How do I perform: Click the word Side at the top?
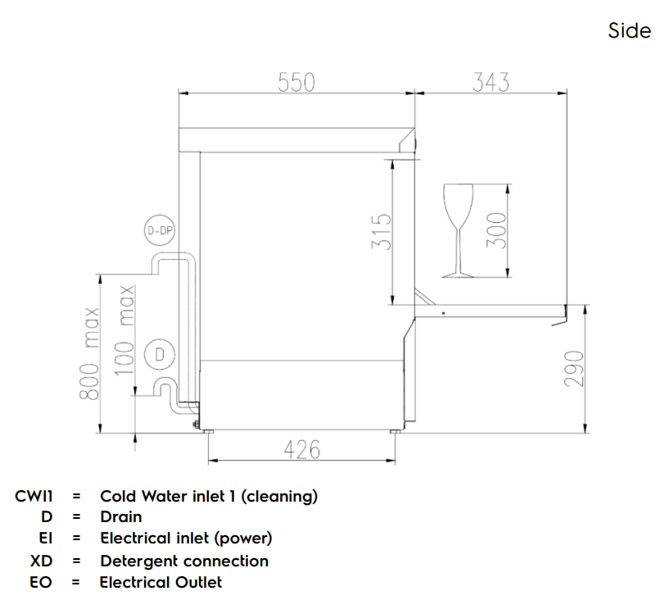pyautogui.click(x=629, y=31)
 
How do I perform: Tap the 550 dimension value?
pyautogui.click(x=296, y=83)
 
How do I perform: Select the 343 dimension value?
pyautogui.click(x=490, y=83)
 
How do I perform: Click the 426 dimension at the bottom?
pyautogui.click(x=301, y=449)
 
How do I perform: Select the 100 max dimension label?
pyautogui.click(x=124, y=330)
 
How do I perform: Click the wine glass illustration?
pyautogui.click(x=457, y=230)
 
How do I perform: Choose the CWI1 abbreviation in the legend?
pyautogui.click(x=34, y=496)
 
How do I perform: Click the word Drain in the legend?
pyautogui.click(x=120, y=517)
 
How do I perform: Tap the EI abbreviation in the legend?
pyautogui.click(x=46, y=539)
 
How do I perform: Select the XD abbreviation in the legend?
pyautogui.click(x=41, y=561)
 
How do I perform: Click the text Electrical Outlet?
pyautogui.click(x=160, y=582)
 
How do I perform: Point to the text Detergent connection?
pyautogui.click(x=184, y=561)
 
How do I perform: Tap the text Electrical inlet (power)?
pyautogui.click(x=186, y=539)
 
